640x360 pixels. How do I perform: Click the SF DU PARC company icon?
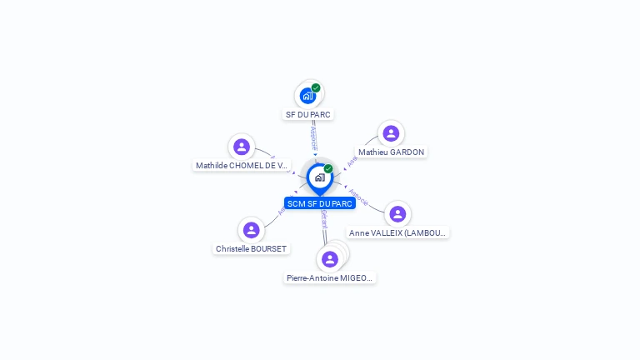[307, 95]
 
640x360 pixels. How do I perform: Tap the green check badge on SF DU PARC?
[316, 87]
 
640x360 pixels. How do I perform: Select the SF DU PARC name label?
[309, 114]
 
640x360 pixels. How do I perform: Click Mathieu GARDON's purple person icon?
[391, 133]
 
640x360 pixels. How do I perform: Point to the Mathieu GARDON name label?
[391, 152]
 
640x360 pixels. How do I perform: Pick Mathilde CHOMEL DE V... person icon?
[242, 147]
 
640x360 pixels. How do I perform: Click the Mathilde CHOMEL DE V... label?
[242, 166]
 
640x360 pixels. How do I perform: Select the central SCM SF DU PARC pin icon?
[319, 177]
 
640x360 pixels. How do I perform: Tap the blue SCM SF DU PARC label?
[320, 203]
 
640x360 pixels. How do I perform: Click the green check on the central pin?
[328, 169]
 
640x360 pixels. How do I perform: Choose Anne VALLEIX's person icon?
[397, 214]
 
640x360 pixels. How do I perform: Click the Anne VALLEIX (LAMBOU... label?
[398, 233]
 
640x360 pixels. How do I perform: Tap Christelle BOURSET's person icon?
[251, 230]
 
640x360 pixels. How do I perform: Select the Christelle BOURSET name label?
[251, 249]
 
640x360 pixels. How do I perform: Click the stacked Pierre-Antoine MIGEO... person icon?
[330, 259]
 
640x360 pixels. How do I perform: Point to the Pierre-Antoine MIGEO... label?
[330, 278]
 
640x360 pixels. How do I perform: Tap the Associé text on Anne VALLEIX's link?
[359, 197]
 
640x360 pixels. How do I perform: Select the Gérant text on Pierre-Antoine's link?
[323, 220]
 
